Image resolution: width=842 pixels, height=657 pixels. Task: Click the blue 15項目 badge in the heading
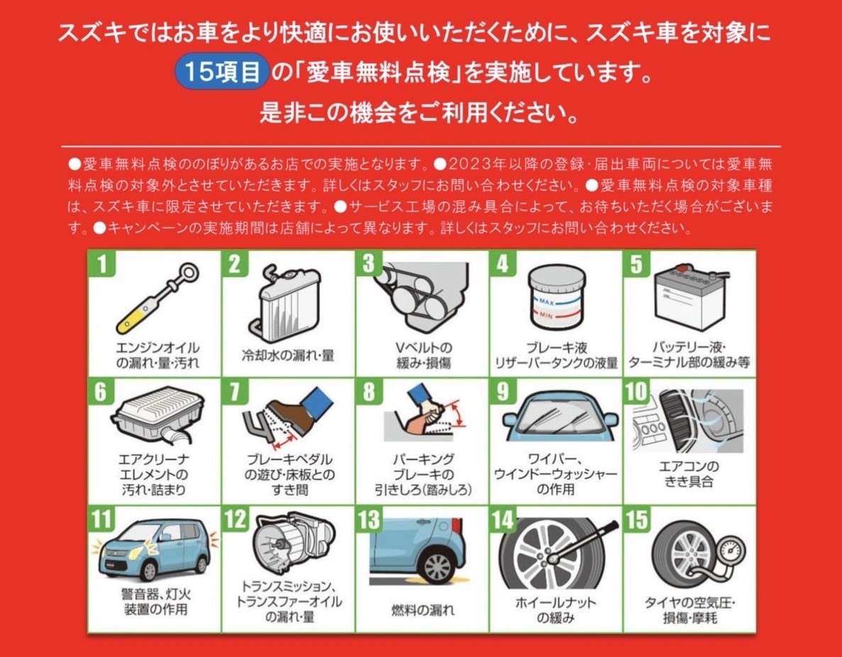click(x=222, y=72)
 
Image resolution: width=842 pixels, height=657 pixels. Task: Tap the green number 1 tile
click(x=102, y=264)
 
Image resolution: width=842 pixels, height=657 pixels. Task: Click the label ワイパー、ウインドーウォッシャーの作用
click(x=555, y=475)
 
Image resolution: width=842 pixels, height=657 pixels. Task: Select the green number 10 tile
click(x=636, y=392)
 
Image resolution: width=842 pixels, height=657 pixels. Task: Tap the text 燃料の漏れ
click(x=423, y=610)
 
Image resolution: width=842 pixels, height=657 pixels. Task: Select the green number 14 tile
click(x=503, y=519)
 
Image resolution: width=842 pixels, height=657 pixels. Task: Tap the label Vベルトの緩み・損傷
click(x=423, y=355)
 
